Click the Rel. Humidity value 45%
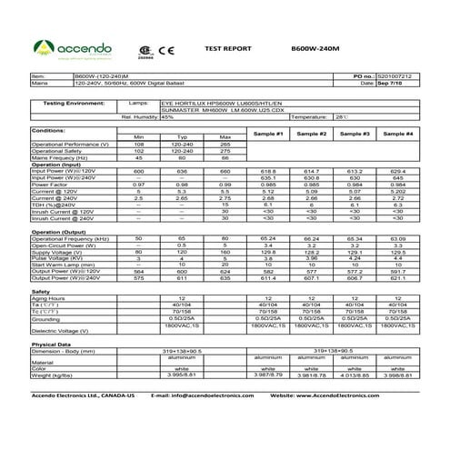tap(167, 116)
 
